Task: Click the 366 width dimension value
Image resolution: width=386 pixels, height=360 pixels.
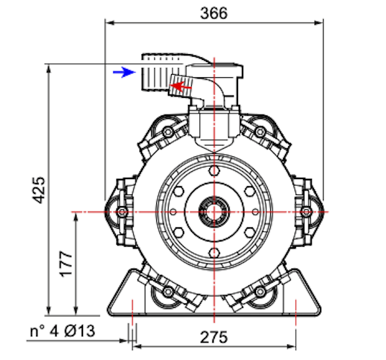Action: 214,13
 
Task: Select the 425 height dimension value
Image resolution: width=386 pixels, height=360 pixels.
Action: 39,190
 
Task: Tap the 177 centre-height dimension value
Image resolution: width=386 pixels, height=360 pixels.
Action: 66,264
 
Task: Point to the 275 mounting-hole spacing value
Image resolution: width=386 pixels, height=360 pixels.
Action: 214,337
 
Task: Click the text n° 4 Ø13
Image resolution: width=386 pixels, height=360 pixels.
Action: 62,331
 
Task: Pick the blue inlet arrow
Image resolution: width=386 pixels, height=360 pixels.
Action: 124,72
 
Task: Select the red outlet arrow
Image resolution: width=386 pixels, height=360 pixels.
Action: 181,86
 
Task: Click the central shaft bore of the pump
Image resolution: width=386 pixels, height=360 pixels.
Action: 214,212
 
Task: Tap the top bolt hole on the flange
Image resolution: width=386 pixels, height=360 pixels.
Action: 214,171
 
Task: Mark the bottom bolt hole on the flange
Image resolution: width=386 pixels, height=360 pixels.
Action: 214,253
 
